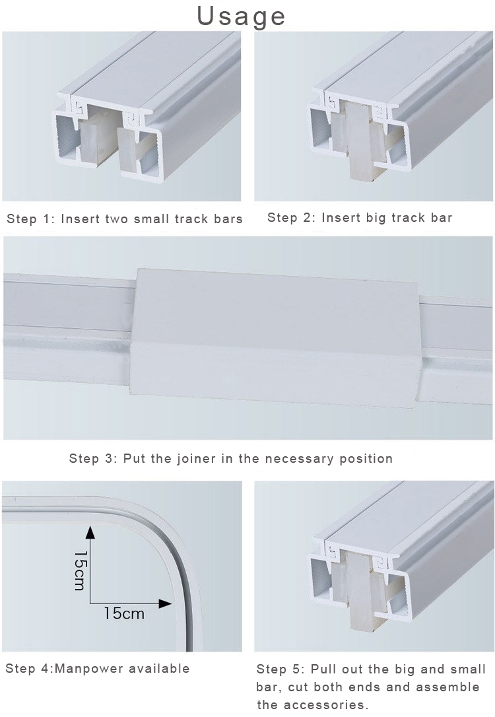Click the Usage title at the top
point(242,17)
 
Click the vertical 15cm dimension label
point(80,570)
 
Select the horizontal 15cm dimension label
point(123,613)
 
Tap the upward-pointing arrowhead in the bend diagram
point(90,533)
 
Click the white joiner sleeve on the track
point(277,330)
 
